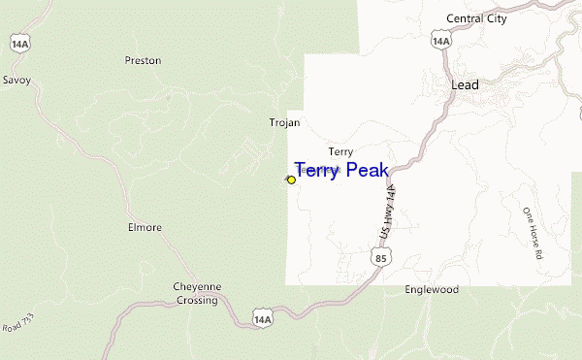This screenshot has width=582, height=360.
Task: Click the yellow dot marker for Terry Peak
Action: pyautogui.click(x=291, y=180)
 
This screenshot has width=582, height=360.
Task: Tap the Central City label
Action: pyautogui.click(x=478, y=18)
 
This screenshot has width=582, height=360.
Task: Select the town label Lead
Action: pyautogui.click(x=466, y=85)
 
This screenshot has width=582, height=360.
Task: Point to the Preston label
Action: pyautogui.click(x=143, y=60)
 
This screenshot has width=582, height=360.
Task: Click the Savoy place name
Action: pyautogui.click(x=17, y=80)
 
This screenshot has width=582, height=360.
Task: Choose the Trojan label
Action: pyautogui.click(x=284, y=123)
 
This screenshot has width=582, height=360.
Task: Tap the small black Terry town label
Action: pyautogui.click(x=340, y=151)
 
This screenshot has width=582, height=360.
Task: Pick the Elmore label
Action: pyautogui.click(x=145, y=228)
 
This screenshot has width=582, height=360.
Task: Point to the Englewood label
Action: pyautogui.click(x=432, y=290)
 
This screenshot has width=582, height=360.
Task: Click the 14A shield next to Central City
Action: pyautogui.click(x=441, y=41)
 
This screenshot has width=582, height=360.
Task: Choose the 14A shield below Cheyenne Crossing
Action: pyautogui.click(x=261, y=317)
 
